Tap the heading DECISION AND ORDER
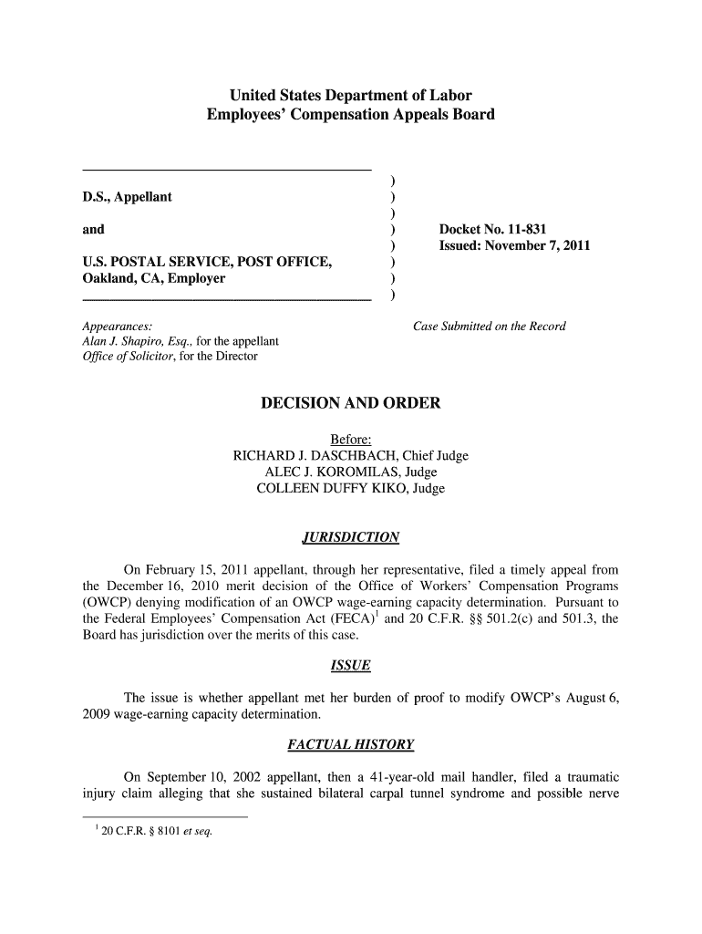(350, 403)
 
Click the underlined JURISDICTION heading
(350, 537)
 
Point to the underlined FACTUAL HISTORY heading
(350, 745)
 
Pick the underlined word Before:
(350, 441)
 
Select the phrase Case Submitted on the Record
(490, 326)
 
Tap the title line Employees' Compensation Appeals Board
(350, 115)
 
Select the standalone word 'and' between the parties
(93, 229)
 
